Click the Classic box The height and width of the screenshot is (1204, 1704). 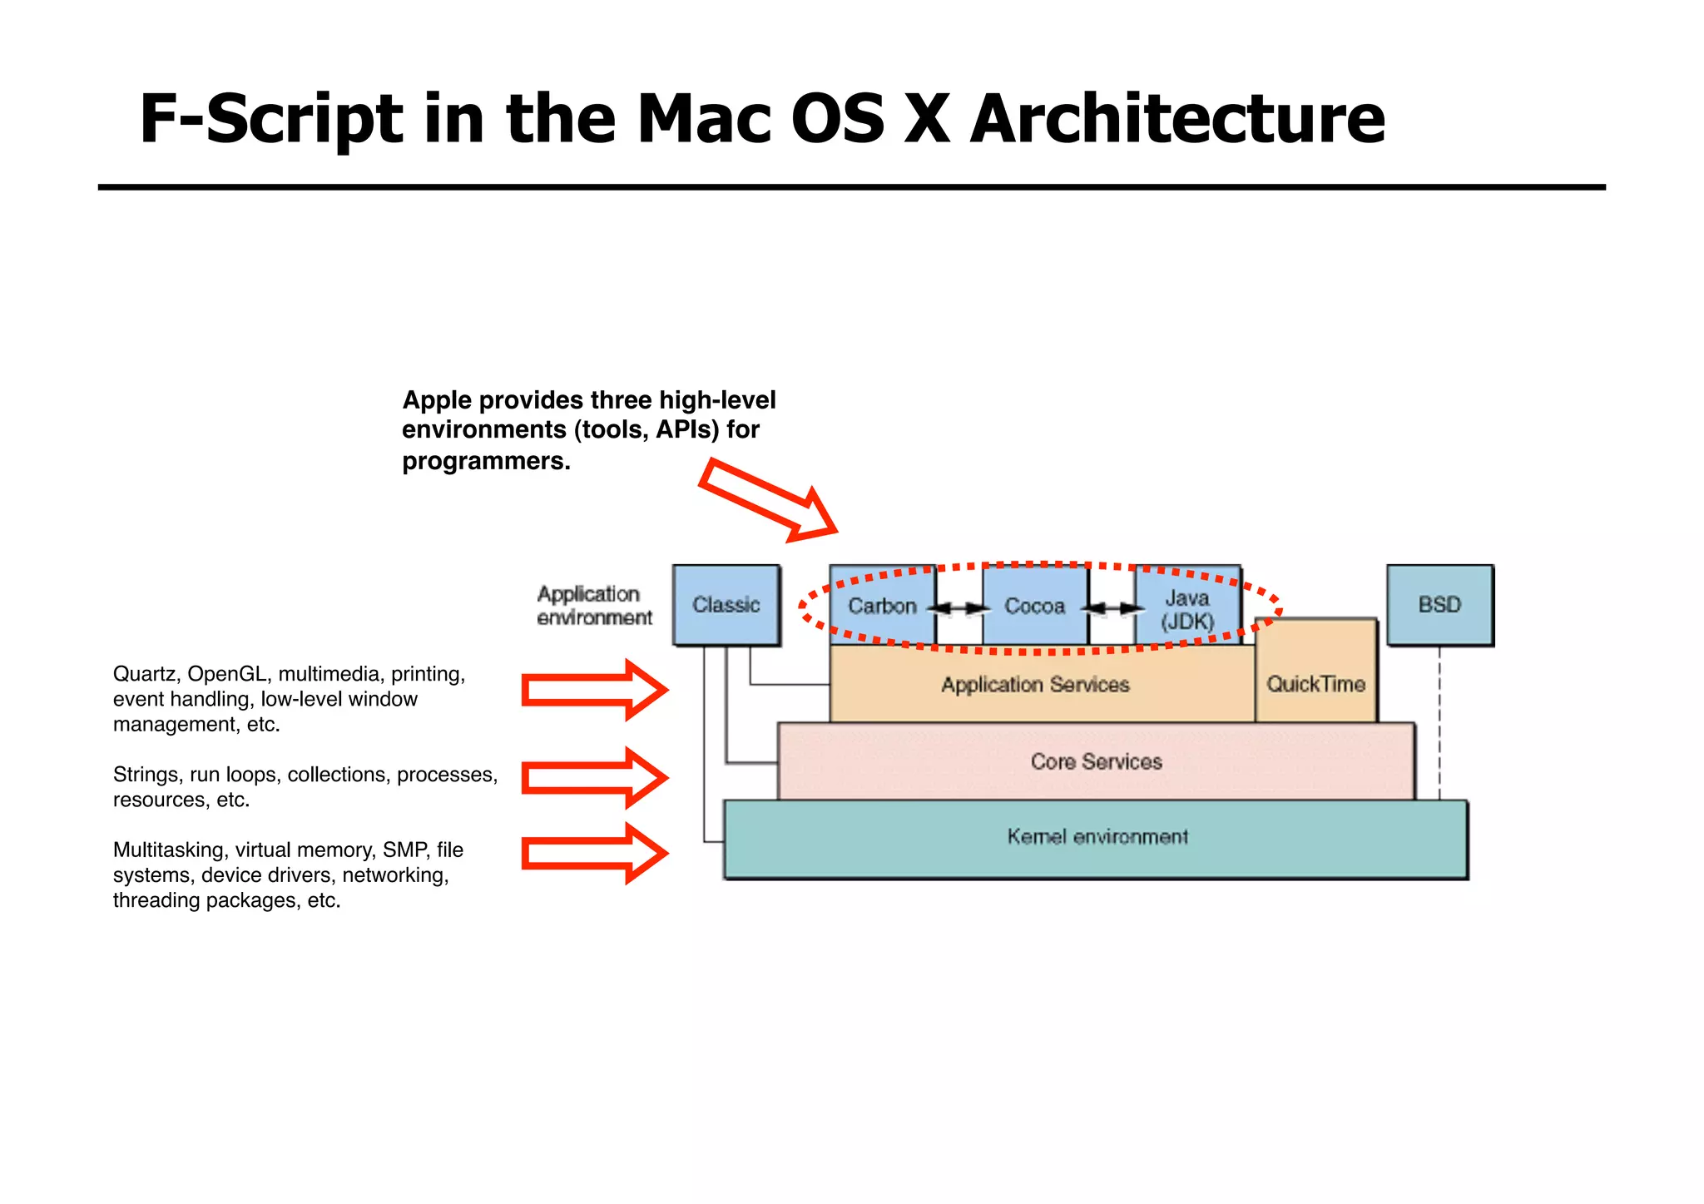(726, 605)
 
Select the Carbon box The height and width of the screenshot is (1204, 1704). (882, 606)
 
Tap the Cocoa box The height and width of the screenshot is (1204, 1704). (1035, 606)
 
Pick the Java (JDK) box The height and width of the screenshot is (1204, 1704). (1187, 609)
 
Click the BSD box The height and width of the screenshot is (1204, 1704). (1439, 605)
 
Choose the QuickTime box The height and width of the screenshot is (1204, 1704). (1315, 684)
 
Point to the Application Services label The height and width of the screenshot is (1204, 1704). (1035, 685)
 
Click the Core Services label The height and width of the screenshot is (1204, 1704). (1096, 761)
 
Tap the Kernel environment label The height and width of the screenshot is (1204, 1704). (1097, 836)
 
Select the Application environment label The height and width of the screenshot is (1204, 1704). (594, 606)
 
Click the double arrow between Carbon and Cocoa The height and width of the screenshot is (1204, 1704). (959, 608)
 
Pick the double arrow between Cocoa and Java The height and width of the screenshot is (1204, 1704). (1112, 608)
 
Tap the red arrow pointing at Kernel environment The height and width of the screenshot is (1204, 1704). (594, 853)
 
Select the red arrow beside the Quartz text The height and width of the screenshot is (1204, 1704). (594, 690)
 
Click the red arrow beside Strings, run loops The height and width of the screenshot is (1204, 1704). (594, 777)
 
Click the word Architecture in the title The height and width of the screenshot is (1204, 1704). (1176, 118)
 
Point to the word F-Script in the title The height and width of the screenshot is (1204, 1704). (271, 118)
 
